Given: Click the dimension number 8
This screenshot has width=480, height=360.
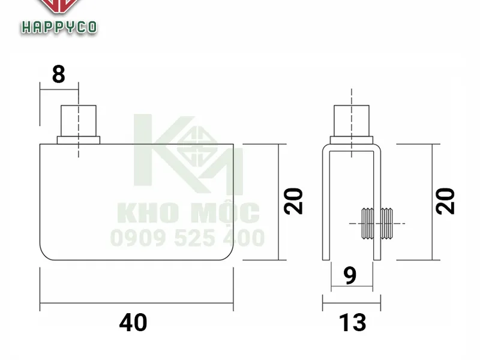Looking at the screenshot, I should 58,75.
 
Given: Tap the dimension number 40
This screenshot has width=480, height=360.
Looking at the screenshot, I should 133,323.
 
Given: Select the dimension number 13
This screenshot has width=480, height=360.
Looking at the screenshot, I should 353,323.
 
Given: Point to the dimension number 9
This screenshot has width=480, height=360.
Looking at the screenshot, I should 351,275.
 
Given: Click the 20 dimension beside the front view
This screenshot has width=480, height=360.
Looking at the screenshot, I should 293,202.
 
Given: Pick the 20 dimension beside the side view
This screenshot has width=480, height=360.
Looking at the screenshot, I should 445,202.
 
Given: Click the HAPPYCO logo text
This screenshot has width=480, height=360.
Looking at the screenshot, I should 59,27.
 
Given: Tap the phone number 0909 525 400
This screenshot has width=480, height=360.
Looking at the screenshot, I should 187,238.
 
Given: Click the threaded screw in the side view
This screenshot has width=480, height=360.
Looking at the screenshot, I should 378,223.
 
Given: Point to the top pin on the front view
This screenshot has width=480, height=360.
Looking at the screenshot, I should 79,121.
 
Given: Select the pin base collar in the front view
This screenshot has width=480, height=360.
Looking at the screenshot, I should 79,140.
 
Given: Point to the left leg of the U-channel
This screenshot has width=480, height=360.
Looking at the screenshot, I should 326,204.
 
